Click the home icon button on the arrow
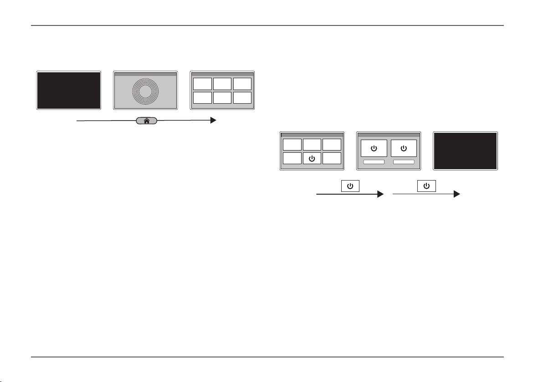[x=147, y=121]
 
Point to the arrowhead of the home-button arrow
[x=213, y=121]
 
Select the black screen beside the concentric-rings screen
[x=68, y=90]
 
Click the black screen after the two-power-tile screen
[x=465, y=151]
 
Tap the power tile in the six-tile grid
[x=312, y=158]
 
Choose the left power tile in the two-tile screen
[x=374, y=148]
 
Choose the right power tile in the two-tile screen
[x=404, y=148]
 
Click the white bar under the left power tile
[x=374, y=162]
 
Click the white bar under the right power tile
[x=404, y=162]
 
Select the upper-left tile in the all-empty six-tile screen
[x=202, y=84]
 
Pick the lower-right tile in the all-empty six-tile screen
[x=242, y=98]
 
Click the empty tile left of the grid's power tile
[x=292, y=158]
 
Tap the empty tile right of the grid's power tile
[x=331, y=158]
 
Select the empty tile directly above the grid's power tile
[x=312, y=145]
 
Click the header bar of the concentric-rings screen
[x=145, y=74]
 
